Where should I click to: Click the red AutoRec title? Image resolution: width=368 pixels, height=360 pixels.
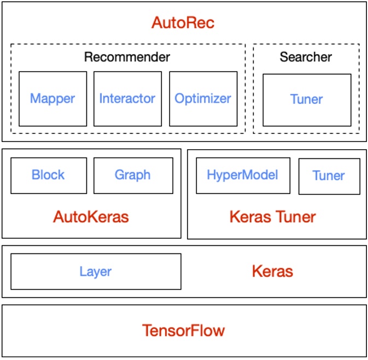tap(183, 23)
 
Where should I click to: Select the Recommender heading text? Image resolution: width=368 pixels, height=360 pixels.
tap(127, 57)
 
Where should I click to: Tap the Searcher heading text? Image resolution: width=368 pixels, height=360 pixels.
tap(306, 57)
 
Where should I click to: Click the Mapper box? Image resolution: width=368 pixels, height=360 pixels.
tap(52, 99)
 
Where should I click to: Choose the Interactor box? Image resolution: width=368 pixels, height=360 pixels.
tap(127, 99)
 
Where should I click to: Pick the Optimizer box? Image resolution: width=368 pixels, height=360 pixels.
tap(202, 99)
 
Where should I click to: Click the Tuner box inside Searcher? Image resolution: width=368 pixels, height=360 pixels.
tap(306, 99)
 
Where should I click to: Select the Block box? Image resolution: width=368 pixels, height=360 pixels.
tap(48, 175)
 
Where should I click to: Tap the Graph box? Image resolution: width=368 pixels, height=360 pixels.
tap(132, 175)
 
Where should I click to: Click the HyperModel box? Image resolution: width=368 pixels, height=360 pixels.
tap(242, 175)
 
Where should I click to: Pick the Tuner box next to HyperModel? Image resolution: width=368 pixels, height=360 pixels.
tap(329, 176)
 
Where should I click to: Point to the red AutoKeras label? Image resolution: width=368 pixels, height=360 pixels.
tap(91, 217)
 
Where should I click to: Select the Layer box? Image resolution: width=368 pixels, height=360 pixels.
tap(96, 272)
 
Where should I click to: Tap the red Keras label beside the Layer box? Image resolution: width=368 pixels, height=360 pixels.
tap(272, 272)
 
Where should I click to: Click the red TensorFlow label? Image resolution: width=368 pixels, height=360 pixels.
tap(183, 331)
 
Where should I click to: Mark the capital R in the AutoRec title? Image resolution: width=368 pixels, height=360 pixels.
tap(190, 23)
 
